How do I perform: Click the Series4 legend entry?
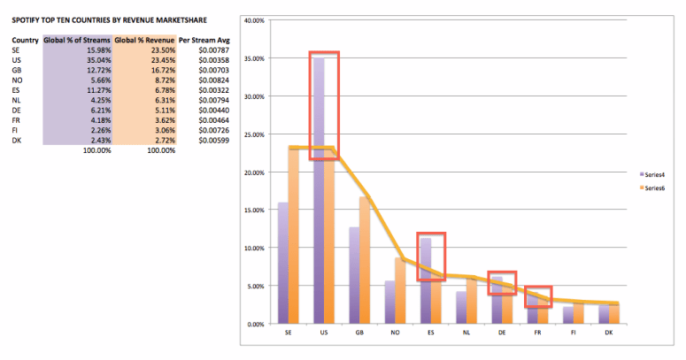pos(653,173)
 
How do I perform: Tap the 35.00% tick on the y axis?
pos(255,58)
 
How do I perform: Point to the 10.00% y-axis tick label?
pos(255,249)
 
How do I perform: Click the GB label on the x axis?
pos(358,333)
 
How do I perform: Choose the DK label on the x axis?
pos(608,333)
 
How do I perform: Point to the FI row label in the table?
pos(15,132)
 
